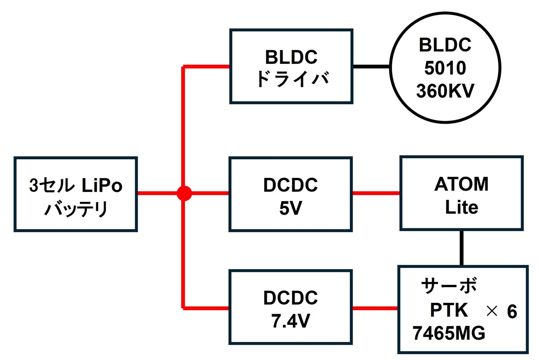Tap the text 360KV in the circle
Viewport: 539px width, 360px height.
(444, 91)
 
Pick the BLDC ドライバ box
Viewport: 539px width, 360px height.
(291, 66)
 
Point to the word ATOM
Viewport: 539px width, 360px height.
(461, 185)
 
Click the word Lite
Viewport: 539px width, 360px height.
(461, 208)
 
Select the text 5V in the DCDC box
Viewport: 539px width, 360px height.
(291, 208)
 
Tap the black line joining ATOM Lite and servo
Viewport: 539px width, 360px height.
(461, 248)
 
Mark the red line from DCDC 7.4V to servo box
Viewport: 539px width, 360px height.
(376, 308)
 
